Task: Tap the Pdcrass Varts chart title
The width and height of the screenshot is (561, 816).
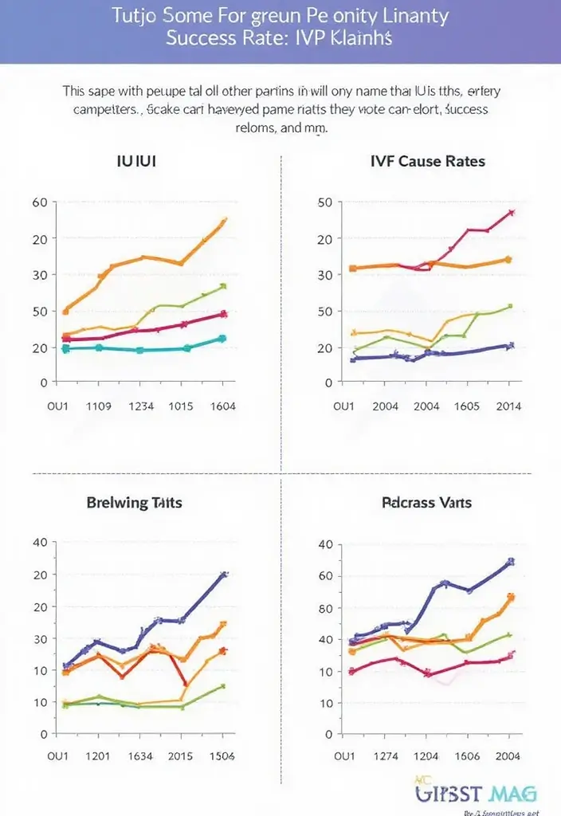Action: point(426,502)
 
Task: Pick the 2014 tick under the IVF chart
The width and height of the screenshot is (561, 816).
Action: point(508,406)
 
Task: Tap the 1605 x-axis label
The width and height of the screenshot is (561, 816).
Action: point(466,406)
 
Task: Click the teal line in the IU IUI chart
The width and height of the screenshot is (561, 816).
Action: point(139,350)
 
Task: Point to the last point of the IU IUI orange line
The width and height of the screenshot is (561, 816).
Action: point(224,221)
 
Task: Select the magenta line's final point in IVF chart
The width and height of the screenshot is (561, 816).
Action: point(511,213)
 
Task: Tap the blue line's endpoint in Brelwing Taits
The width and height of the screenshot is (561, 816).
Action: point(224,574)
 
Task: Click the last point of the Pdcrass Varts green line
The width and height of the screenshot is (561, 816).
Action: point(510,634)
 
